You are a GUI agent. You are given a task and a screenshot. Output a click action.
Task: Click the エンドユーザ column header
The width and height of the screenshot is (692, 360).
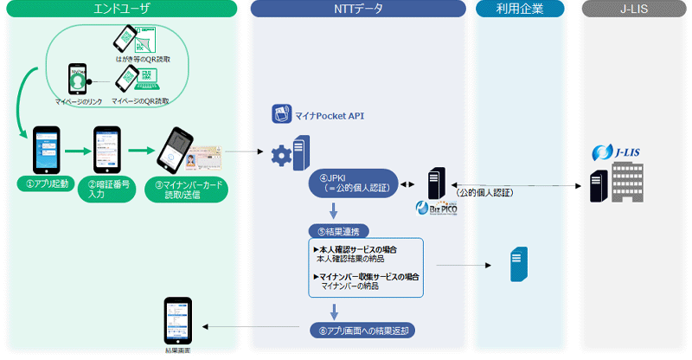coord(120,9)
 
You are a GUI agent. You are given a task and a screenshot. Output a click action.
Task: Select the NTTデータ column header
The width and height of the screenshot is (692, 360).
coord(359,9)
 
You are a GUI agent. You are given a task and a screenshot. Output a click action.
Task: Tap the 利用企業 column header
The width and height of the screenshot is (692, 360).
coord(520,9)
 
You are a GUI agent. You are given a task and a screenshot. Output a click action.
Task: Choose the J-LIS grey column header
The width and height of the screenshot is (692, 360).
coord(633,9)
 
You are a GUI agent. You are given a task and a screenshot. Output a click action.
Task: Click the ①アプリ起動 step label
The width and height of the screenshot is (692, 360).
coord(45,183)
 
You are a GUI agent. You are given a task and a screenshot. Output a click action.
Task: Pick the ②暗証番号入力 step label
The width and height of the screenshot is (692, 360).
coord(108,188)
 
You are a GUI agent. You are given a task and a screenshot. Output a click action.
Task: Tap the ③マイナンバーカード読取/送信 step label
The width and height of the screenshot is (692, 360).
coord(187,189)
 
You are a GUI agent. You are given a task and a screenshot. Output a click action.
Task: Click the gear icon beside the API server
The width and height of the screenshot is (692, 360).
coord(280,157)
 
